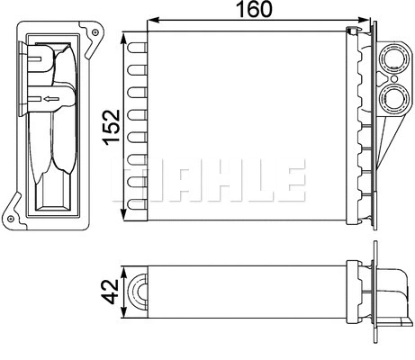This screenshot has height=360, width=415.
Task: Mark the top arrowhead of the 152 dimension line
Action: click(x=126, y=37)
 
